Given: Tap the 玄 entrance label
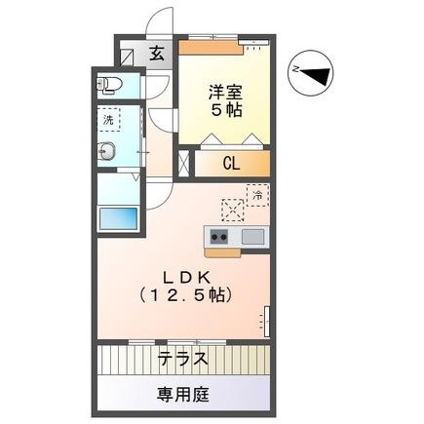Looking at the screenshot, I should point(157,55).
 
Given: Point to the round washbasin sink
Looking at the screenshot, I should point(108,151).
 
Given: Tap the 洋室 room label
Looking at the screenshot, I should point(225,93).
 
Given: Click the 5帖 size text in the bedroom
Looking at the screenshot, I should point(225,111).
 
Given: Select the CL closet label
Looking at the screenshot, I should point(231,163).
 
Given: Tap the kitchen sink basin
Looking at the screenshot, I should point(251,236).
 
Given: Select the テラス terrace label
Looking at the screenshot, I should point(182,357).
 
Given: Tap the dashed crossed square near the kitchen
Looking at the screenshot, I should point(233,209).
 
